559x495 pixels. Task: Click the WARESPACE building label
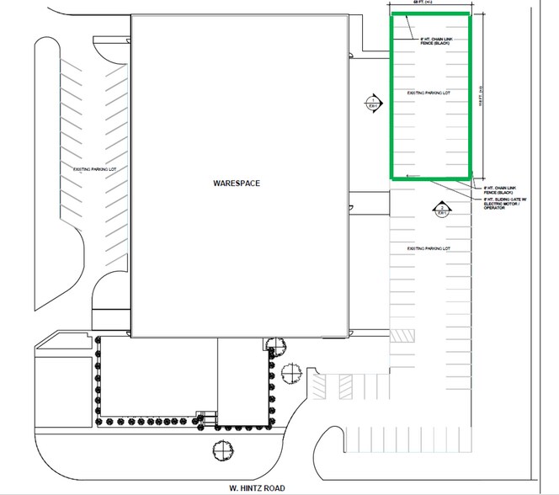point(235,181)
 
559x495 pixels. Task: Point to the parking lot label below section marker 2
point(429,248)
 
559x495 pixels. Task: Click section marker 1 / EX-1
point(371,103)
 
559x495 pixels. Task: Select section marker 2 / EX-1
point(442,207)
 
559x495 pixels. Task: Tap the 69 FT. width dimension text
point(413,3)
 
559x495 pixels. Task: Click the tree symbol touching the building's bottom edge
point(270,342)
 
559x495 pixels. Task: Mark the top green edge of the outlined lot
point(429,15)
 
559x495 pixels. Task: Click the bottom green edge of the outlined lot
point(429,178)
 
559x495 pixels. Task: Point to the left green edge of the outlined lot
point(391,97)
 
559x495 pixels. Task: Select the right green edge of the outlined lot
point(470,97)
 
